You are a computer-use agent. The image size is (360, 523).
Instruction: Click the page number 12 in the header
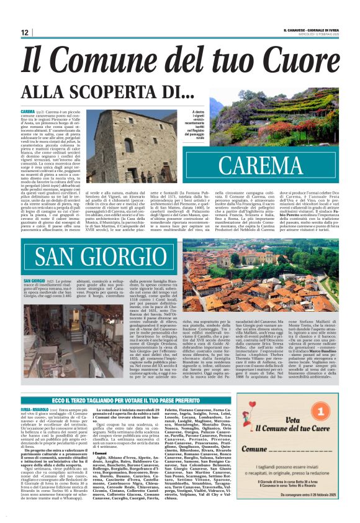(25, 32)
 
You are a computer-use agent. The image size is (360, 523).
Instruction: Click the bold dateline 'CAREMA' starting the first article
(27, 110)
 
